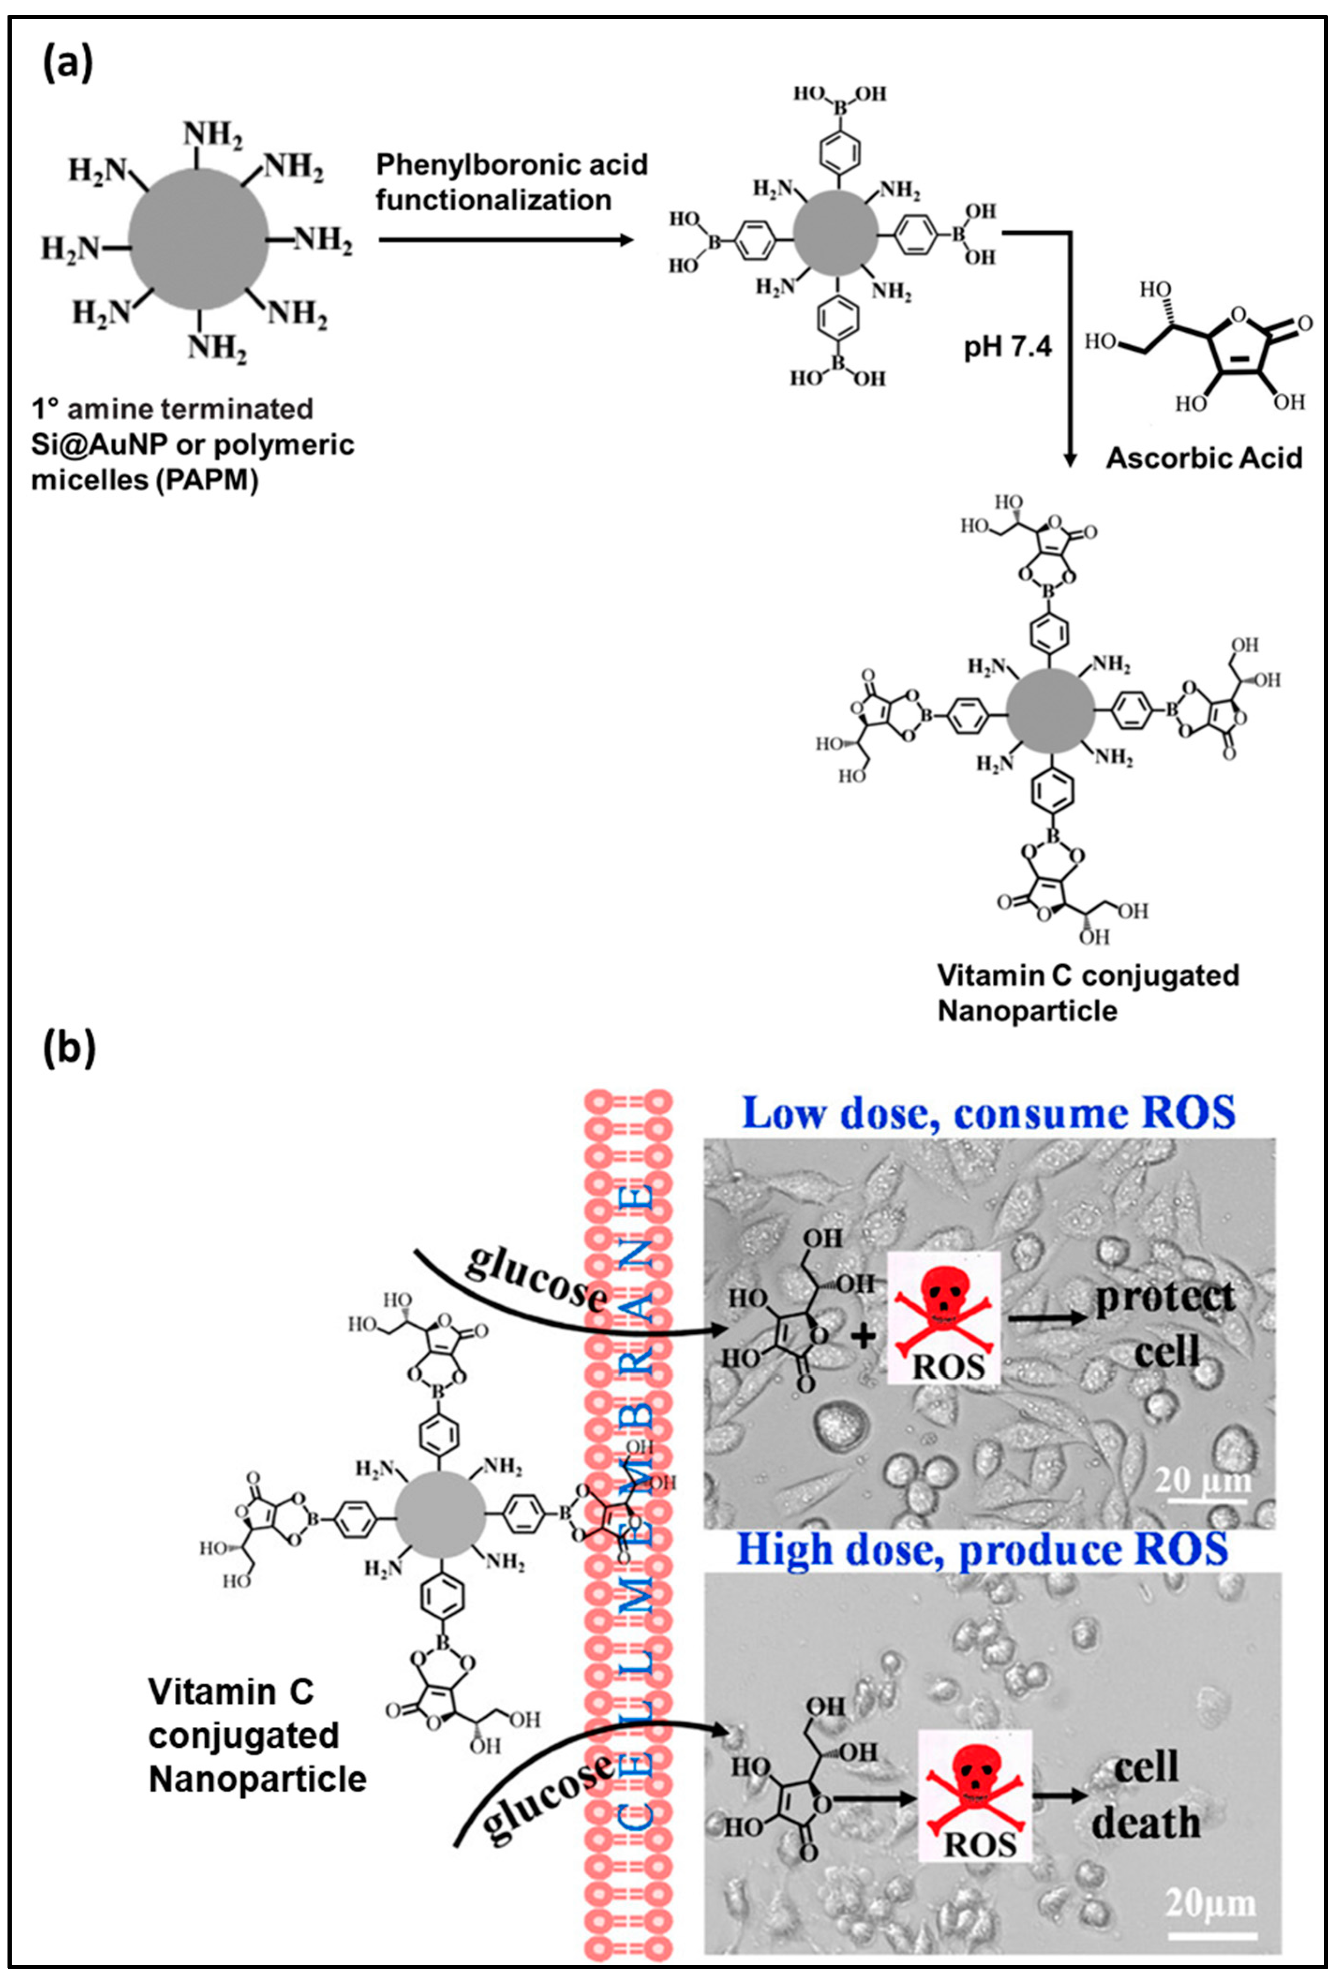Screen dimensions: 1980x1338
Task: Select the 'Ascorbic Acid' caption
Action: [1204, 458]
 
